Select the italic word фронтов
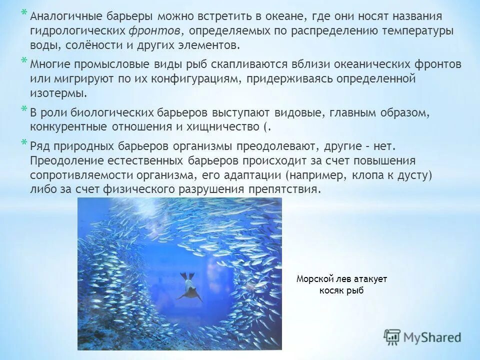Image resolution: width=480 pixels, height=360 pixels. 155,31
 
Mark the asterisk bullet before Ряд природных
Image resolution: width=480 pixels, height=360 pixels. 24,142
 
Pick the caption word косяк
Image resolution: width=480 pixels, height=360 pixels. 332,290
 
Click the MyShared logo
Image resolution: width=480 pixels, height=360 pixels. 422,337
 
